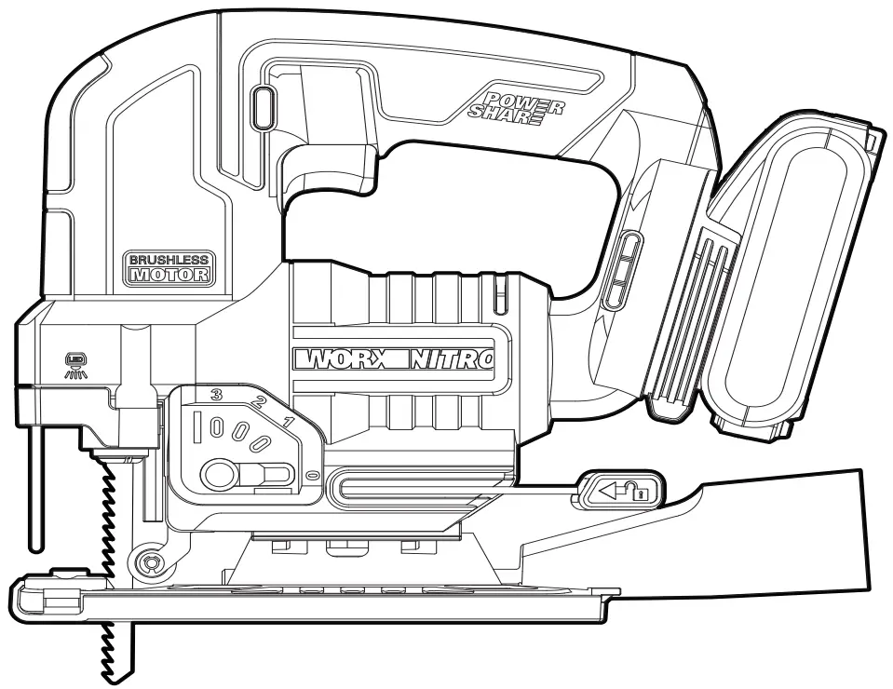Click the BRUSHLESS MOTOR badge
coord(169,266)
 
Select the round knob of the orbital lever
coord(220,475)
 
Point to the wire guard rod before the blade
coord(34,484)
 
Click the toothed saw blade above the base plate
coord(105,521)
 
